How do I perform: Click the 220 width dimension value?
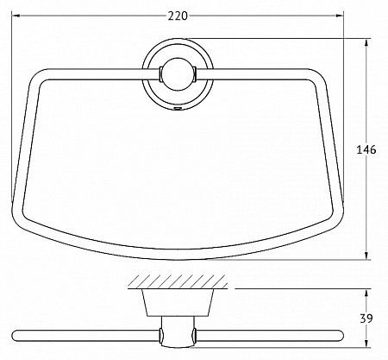pos(178,16)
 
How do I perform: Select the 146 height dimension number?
pos(366,149)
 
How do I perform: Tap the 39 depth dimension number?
pos(366,319)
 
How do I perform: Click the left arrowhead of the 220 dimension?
pos(16,16)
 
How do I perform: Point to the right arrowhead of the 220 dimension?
pos(339,16)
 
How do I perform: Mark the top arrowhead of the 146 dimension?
pos(366,42)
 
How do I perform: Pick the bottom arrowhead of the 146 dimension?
pos(366,256)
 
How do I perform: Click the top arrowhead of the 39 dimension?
pos(366,293)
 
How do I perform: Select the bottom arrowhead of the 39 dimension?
pos(366,343)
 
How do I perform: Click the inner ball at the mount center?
pos(178,74)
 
